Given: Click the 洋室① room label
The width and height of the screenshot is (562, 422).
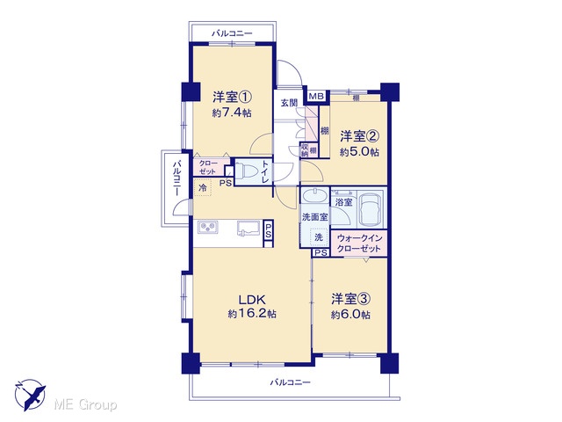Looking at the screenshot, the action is tap(232, 97).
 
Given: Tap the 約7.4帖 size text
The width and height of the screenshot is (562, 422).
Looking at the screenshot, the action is tap(232, 113).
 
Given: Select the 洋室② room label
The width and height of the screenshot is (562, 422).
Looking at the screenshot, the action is tap(359, 136).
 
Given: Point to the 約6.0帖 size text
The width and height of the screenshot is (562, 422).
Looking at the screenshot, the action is tap(351, 315).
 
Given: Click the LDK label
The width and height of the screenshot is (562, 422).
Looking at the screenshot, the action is tap(252, 299).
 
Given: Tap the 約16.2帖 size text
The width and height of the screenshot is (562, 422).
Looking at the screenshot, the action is tap(252, 314).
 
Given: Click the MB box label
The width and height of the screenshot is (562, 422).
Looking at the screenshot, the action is tap(316, 96).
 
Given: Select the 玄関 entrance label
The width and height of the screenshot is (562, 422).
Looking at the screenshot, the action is tap(289, 103).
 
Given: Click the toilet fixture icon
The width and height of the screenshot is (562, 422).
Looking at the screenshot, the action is tap(248, 172).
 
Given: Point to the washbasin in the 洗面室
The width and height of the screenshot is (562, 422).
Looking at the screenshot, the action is tap(314, 197).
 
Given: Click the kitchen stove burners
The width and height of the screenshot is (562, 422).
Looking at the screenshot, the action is tap(208, 227).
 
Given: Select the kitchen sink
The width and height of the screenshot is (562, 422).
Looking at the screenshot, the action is tap(248, 229).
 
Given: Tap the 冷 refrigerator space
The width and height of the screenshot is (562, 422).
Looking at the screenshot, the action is tap(203, 187).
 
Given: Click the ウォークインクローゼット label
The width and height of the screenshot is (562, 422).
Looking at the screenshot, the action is tap(359, 243).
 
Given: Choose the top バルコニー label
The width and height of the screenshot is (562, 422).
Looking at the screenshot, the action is tap(232, 33).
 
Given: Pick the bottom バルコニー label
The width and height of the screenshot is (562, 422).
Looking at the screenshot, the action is tap(291, 382).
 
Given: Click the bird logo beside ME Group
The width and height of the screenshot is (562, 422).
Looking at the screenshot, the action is tap(30, 395).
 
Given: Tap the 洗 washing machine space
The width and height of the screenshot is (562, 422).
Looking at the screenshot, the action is tap(319, 237).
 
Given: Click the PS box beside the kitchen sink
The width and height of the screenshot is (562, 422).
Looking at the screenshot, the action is tap(269, 233).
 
